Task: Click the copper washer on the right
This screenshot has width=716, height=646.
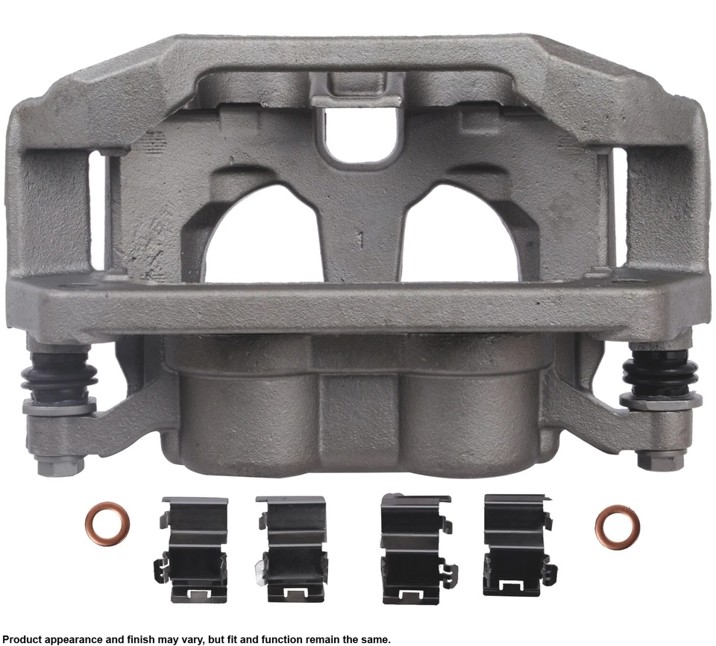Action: coord(617,527)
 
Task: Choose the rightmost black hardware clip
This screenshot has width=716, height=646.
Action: coord(517,545)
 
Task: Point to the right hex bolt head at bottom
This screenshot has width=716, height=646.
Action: coord(657,460)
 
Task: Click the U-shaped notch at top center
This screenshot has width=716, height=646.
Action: coord(357,133)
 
